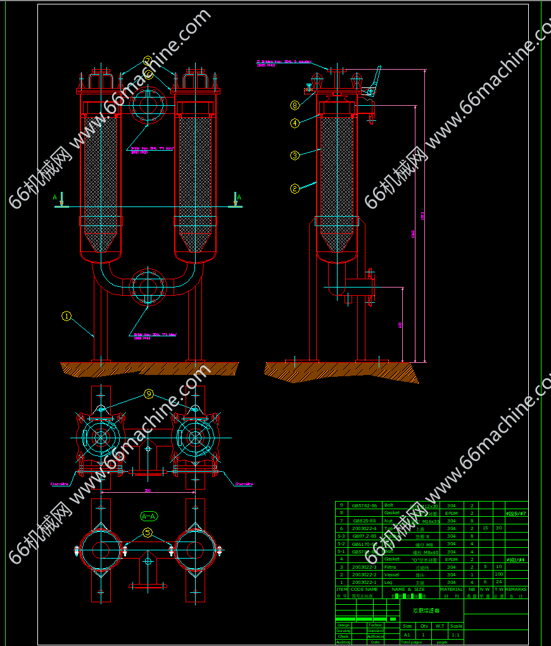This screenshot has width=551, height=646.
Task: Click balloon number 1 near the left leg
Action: tap(66, 315)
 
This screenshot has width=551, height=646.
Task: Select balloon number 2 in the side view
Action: tap(294, 188)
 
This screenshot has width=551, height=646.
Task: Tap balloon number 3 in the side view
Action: tap(294, 155)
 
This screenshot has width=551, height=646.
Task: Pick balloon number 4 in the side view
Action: tap(294, 123)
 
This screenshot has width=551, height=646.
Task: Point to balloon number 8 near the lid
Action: tap(294, 105)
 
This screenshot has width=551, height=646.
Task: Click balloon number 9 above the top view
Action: tap(149, 394)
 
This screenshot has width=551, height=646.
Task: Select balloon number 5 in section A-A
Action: tap(148, 533)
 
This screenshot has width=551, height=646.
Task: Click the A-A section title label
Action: tap(148, 516)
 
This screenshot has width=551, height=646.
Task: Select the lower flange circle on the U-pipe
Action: tap(148, 284)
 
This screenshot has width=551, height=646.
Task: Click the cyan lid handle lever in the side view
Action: tap(375, 79)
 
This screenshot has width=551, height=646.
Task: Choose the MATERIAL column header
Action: tap(452, 589)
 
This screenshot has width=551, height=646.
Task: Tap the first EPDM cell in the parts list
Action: tap(452, 513)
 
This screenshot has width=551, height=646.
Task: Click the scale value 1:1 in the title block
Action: tap(455, 634)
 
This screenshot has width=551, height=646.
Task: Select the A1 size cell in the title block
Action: tap(407, 634)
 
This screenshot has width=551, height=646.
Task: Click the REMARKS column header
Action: tap(516, 589)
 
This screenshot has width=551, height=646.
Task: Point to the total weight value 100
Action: tap(498, 574)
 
